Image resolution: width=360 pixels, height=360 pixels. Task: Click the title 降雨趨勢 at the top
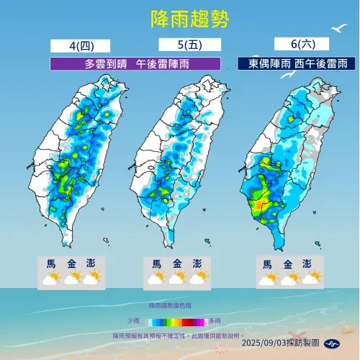[x=180, y=19]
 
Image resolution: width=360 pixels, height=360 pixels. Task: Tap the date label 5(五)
[x=179, y=46]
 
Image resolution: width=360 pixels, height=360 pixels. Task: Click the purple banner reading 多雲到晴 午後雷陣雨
[x=134, y=63]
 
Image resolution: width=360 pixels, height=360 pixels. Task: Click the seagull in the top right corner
[x=338, y=30]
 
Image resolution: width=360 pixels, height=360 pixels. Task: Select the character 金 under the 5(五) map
[x=178, y=264]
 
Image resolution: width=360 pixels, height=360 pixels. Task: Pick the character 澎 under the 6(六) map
[x=308, y=264]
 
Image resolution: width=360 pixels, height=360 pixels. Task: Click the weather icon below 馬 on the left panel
[x=50, y=278]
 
